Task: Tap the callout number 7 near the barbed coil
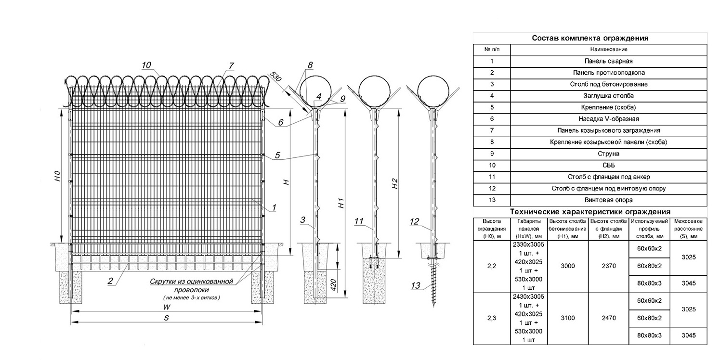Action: pos(231,65)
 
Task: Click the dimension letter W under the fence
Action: pos(166,307)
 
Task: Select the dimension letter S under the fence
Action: pos(166,319)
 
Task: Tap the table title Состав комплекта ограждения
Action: pos(590,38)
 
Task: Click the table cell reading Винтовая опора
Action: pos(608,200)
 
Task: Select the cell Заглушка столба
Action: pos(608,96)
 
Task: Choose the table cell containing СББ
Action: pos(608,165)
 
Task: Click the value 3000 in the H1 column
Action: pos(568,266)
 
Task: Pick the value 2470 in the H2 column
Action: pos(608,318)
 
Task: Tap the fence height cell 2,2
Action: pos(491,266)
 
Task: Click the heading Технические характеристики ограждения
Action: pos(590,212)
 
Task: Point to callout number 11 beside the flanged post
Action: pos(358,221)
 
